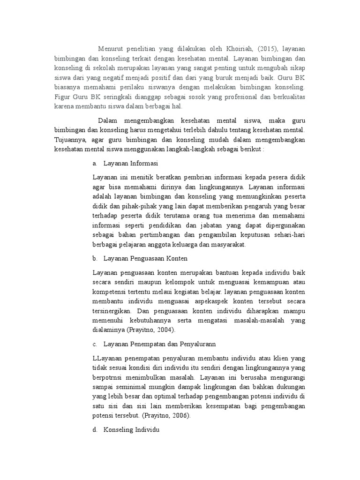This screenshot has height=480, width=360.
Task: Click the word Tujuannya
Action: coord(69,139)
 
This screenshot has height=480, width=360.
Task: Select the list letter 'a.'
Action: coord(95,164)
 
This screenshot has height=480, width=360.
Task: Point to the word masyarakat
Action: coord(228,245)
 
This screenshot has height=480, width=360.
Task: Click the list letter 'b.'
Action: coord(95,258)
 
